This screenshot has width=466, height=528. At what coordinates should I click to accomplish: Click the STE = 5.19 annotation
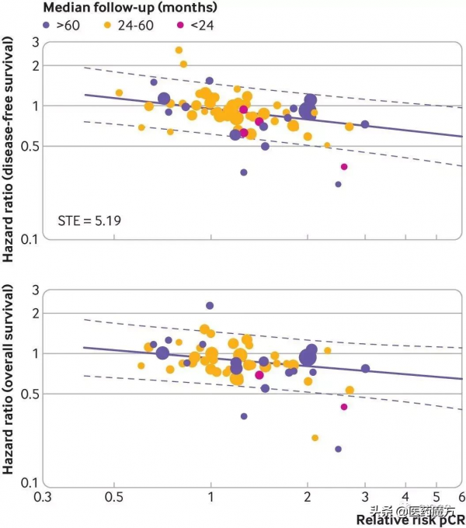click(88, 221)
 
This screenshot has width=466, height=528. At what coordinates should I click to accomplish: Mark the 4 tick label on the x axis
click(405, 495)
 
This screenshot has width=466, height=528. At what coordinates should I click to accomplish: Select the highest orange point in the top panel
click(179, 50)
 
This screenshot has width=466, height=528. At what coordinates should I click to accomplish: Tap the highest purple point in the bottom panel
click(210, 305)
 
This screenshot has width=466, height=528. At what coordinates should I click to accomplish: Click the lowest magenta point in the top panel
click(344, 167)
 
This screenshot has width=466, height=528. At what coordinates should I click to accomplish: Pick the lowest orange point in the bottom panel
click(315, 438)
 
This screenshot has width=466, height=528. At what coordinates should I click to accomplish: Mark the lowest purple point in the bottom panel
click(339, 449)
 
